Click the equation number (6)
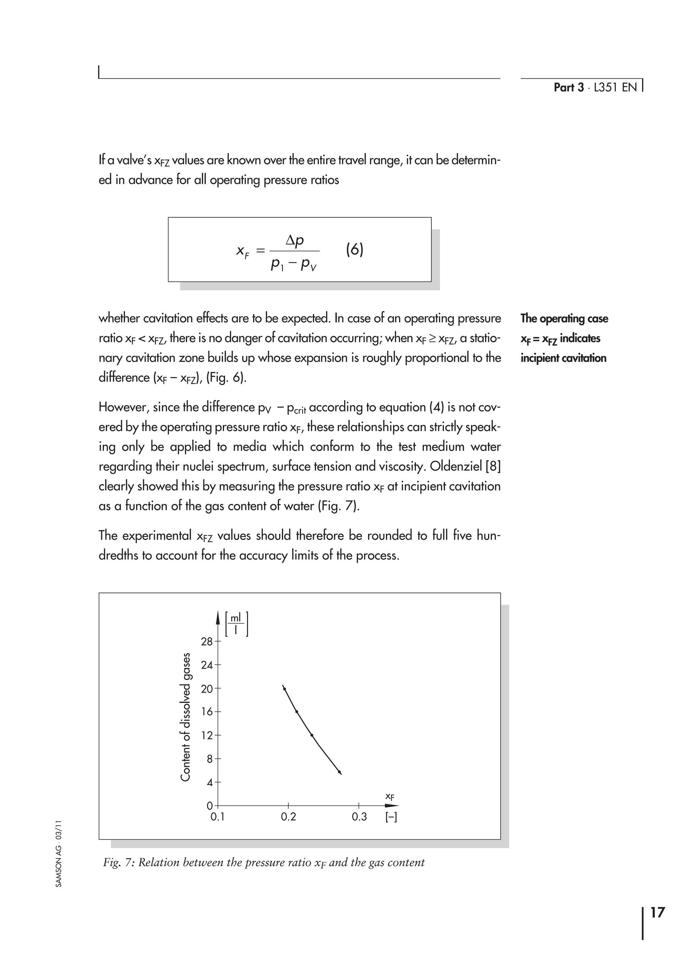pos(354,249)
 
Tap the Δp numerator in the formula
pos(295,241)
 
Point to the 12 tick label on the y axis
pos(206,735)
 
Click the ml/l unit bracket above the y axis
pos(236,624)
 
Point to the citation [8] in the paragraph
pos(493,467)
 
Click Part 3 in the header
pos(568,87)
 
